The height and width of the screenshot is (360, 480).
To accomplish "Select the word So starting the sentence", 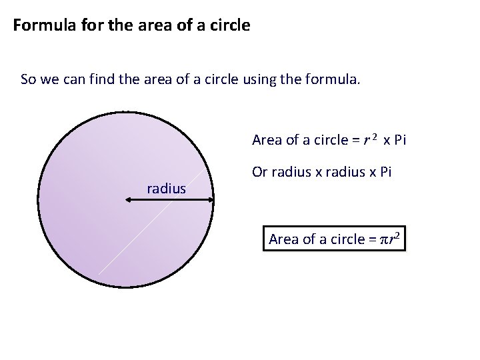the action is coord(27,81).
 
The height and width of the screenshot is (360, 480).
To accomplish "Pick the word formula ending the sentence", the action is coord(333,81).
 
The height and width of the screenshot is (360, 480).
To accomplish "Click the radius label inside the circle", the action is coord(166,189).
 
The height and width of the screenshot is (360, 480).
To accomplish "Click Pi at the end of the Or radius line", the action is coord(385,173).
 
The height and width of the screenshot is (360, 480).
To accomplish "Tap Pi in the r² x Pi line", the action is coord(399,140).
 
